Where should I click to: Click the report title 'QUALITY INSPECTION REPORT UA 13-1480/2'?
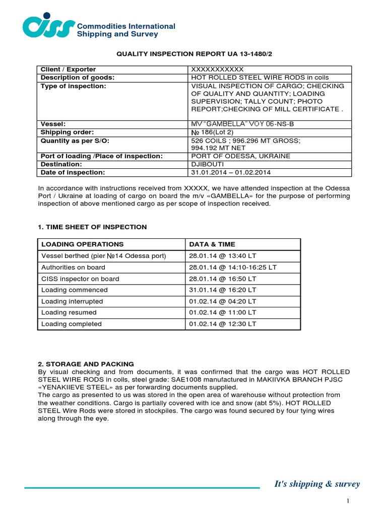[199, 54]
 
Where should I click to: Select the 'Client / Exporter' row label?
[69, 69]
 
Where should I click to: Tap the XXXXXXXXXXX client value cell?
[217, 69]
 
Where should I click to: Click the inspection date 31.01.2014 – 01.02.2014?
[231, 172]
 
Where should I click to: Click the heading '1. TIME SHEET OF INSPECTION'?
[93, 227]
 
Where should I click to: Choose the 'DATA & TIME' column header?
[212, 244]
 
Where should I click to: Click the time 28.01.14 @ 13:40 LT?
[223, 256]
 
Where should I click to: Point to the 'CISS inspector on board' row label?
[80, 279]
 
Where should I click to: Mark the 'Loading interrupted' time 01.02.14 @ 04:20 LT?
[223, 301]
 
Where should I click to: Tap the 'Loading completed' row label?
[71, 324]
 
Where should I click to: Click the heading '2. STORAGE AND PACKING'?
[86, 364]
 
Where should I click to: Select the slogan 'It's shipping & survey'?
[317, 484]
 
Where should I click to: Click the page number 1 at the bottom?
[348, 500]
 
